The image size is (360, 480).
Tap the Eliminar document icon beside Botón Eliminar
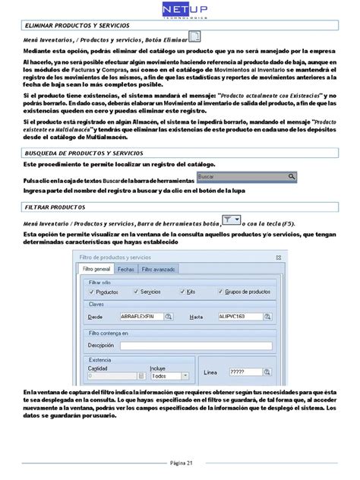(x=194, y=38)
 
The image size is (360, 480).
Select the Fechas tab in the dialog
(x=126, y=270)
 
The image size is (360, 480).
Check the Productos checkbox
(x=94, y=292)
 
